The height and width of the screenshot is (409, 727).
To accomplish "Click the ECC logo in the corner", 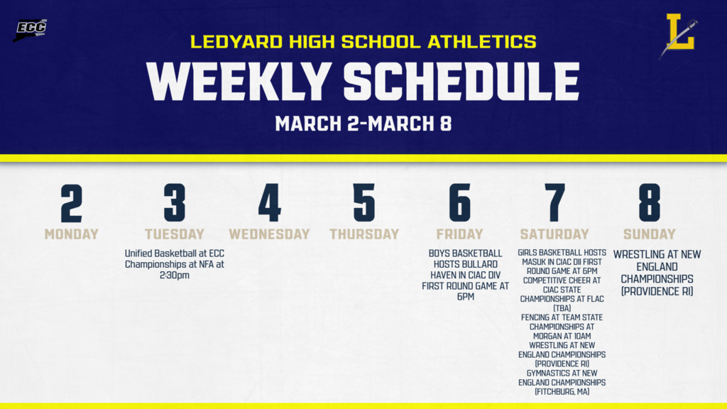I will point(30,30).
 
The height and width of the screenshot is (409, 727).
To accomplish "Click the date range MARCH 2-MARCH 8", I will point(363,124).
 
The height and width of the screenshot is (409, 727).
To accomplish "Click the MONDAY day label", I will point(71,234).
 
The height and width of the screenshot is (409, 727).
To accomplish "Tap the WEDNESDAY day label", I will point(269,234).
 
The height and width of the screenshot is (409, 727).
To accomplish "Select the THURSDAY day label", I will point(364,234).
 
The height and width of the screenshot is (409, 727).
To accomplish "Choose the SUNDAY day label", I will point(649,234).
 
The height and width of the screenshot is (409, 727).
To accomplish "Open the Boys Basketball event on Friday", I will point(465,275).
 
